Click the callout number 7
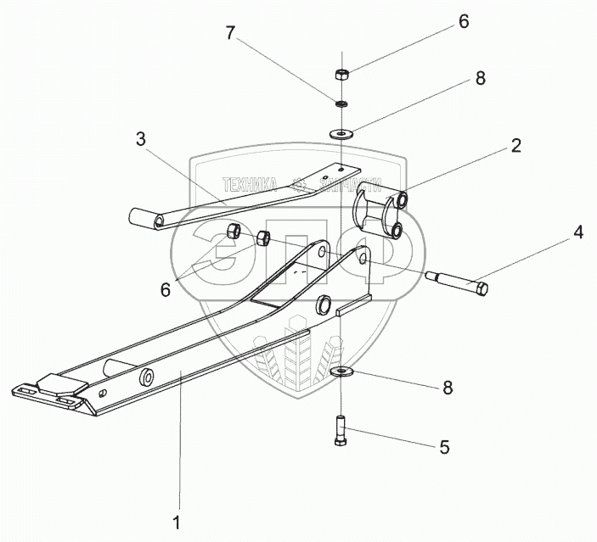230,34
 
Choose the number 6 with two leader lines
165,288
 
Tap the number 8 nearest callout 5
447,388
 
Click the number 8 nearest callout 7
480,79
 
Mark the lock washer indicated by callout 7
341,104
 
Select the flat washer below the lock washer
341,134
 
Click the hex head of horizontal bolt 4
482,291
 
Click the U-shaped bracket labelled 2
380,208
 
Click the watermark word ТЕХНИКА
250,182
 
